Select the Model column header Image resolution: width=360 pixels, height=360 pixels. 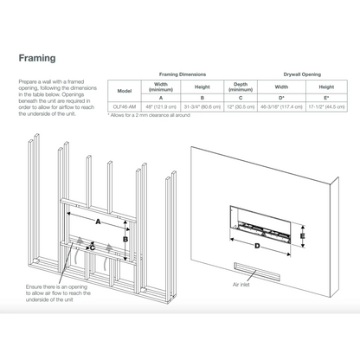125,90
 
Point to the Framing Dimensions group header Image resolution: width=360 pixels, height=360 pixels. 181,75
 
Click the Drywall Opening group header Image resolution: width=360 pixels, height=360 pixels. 304,75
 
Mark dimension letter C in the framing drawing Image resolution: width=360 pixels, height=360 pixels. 92,247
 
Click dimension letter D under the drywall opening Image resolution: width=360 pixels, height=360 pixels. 257,246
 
